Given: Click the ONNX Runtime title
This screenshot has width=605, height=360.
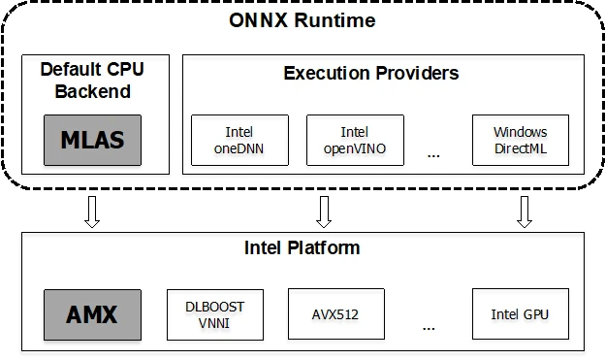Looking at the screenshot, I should coord(302,20).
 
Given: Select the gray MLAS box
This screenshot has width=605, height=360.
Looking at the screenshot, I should coord(93,140).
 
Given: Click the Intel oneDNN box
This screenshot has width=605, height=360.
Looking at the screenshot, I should coord(239,140).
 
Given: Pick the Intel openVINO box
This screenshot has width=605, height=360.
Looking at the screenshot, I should coord(354,140).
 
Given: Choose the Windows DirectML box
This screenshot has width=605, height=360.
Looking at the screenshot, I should coord(520,140).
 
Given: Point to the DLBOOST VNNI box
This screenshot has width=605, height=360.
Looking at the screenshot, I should coord(215,314).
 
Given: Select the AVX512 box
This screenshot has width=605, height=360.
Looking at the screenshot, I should coord(336,314).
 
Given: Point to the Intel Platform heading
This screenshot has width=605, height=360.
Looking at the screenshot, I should coord(302,248).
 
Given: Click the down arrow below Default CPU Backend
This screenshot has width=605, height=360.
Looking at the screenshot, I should coord(92,212).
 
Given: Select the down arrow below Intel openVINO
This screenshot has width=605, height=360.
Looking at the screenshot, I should coord(323,212).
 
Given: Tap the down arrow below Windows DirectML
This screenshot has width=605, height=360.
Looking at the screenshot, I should coord(525,212).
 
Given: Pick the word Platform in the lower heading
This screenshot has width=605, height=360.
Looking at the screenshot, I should coord(327,248).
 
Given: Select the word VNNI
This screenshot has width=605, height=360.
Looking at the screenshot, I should coord(215,322).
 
